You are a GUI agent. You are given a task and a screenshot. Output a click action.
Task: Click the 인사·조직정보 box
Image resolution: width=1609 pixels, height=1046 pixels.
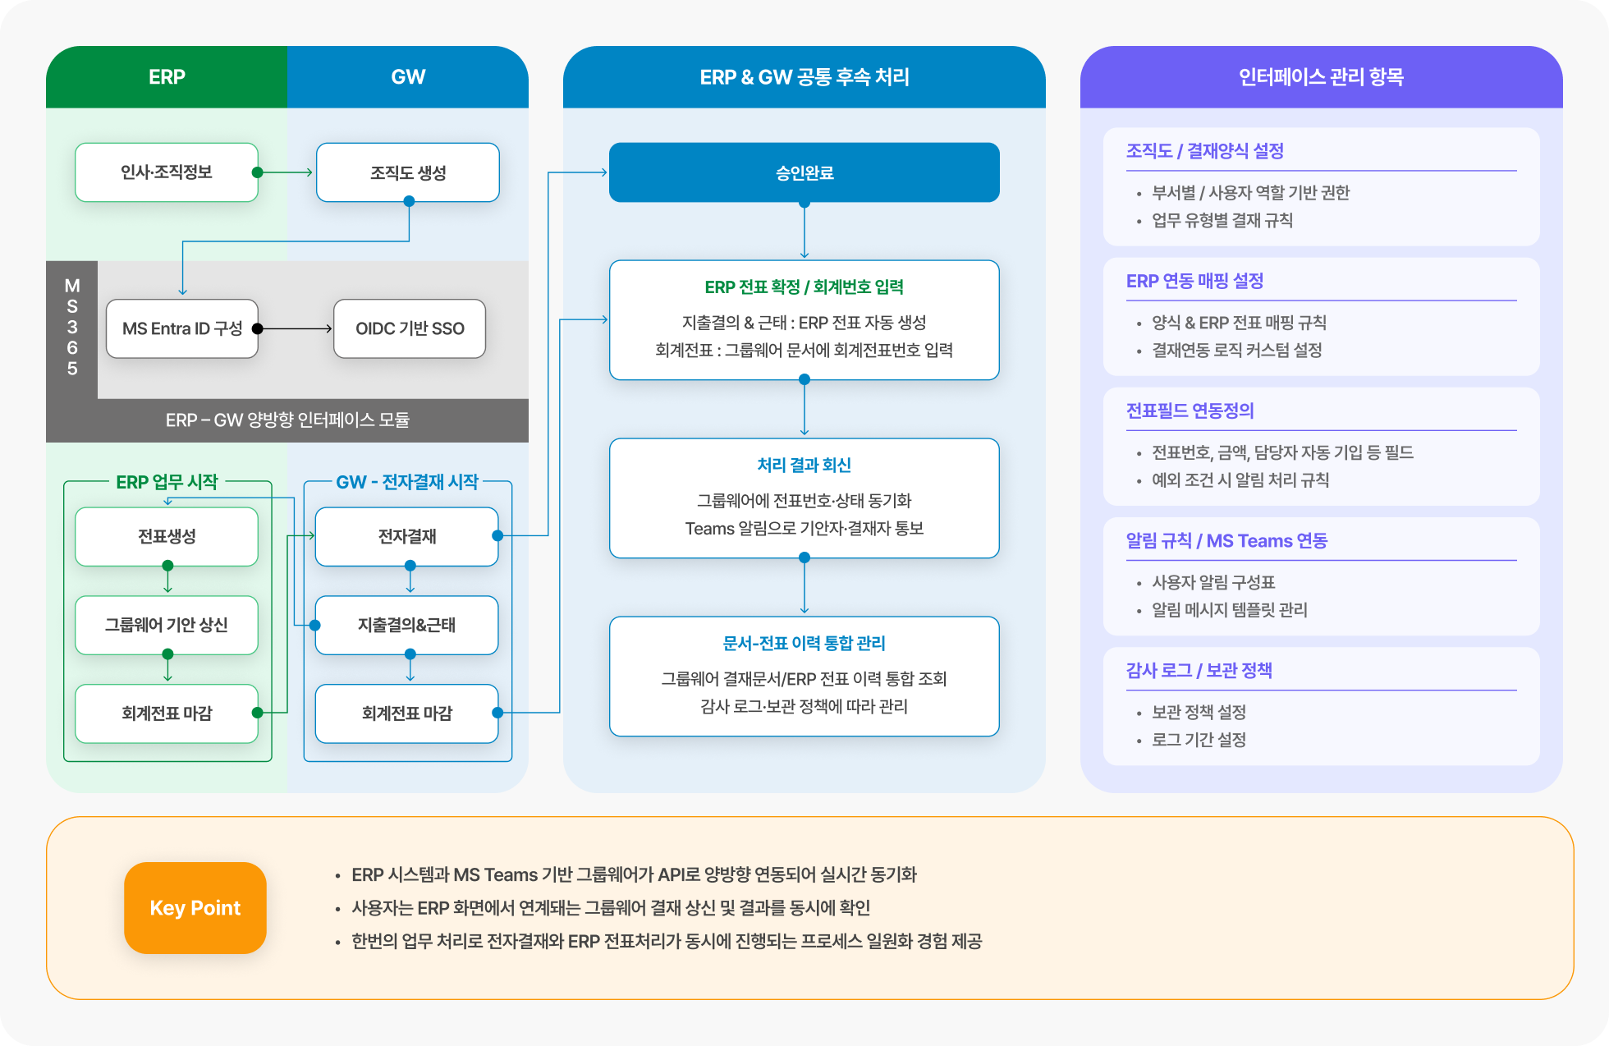[167, 172]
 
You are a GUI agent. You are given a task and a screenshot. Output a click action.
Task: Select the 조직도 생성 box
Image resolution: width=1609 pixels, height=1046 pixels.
[408, 172]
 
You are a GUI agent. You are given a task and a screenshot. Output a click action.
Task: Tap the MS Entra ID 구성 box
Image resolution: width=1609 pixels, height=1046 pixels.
[182, 328]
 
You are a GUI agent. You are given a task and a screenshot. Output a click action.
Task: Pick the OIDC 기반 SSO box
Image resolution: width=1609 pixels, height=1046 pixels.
[410, 328]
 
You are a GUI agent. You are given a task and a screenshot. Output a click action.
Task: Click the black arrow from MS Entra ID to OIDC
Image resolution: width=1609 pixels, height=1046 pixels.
[296, 328]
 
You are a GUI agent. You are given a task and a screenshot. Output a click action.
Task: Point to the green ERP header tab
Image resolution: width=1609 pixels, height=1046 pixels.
[167, 77]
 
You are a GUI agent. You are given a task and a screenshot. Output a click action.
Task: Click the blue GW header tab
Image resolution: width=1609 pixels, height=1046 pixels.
[408, 77]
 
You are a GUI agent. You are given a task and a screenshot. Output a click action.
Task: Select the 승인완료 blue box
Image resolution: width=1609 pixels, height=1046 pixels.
[804, 172]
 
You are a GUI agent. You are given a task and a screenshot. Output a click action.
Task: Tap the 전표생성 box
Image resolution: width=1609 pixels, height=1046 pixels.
[167, 536]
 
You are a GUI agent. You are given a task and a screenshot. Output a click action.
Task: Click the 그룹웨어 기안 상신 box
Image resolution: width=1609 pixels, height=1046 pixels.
[167, 625]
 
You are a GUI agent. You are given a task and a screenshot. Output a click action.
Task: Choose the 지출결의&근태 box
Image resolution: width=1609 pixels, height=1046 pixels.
[406, 625]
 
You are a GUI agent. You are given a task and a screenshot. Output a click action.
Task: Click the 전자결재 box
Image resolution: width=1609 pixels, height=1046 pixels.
[406, 536]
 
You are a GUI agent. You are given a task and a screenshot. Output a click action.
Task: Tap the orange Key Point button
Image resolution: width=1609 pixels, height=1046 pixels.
[195, 907]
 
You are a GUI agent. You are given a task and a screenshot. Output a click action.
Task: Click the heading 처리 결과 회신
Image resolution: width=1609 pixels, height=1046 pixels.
[804, 465]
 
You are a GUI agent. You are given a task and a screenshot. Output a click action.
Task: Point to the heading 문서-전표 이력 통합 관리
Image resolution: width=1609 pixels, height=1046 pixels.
[804, 643]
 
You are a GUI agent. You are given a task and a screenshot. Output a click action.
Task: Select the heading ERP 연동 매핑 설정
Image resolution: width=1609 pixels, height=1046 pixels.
[1194, 281]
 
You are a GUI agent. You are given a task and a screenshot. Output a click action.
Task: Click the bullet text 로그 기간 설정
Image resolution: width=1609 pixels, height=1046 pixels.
[1199, 740]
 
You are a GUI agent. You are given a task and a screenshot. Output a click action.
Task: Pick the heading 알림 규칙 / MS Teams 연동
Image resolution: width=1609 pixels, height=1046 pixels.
[1226, 540]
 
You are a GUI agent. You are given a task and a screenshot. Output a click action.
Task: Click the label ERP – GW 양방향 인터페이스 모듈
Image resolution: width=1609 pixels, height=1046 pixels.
[287, 420]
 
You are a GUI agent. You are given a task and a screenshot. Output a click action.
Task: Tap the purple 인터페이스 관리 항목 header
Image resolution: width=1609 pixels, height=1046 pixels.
[1321, 77]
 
